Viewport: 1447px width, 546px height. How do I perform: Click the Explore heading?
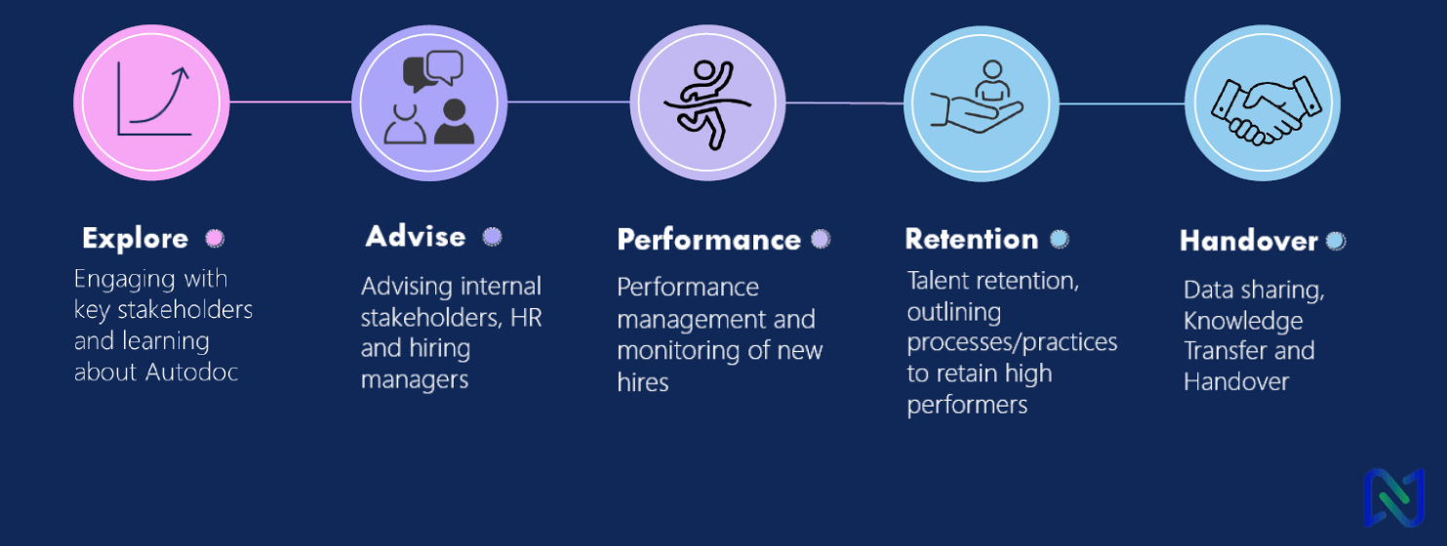pyautogui.click(x=135, y=239)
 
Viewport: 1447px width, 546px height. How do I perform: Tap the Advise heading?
pyautogui.click(x=416, y=237)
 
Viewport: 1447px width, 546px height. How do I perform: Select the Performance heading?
pyautogui.click(x=708, y=240)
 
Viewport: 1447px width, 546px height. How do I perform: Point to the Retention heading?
pyautogui.click(x=972, y=239)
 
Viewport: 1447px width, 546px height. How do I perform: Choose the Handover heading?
pyautogui.click(x=1248, y=241)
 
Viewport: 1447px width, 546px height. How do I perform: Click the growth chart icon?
pyautogui.click(x=154, y=100)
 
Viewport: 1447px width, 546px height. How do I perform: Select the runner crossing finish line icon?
pyautogui.click(x=707, y=104)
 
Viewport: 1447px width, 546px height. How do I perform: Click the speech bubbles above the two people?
pyautogui.click(x=433, y=71)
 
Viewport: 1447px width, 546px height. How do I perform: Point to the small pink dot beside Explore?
pyautogui.click(x=215, y=238)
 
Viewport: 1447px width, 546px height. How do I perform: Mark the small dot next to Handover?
pyautogui.click(x=1335, y=241)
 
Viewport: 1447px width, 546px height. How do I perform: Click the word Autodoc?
pyautogui.click(x=192, y=371)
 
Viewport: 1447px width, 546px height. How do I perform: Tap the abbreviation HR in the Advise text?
pyautogui.click(x=526, y=318)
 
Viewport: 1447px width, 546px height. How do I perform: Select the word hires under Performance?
pyautogui.click(x=643, y=382)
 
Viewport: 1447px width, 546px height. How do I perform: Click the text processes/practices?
pyautogui.click(x=1012, y=342)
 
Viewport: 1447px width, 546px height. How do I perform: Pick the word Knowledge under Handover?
pyautogui.click(x=1243, y=321)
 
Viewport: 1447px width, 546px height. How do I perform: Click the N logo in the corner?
pyautogui.click(x=1394, y=497)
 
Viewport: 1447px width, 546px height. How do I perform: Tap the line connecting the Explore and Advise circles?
pyautogui.click(x=290, y=102)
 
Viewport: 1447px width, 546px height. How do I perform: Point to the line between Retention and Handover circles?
pyautogui.click(x=1121, y=103)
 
